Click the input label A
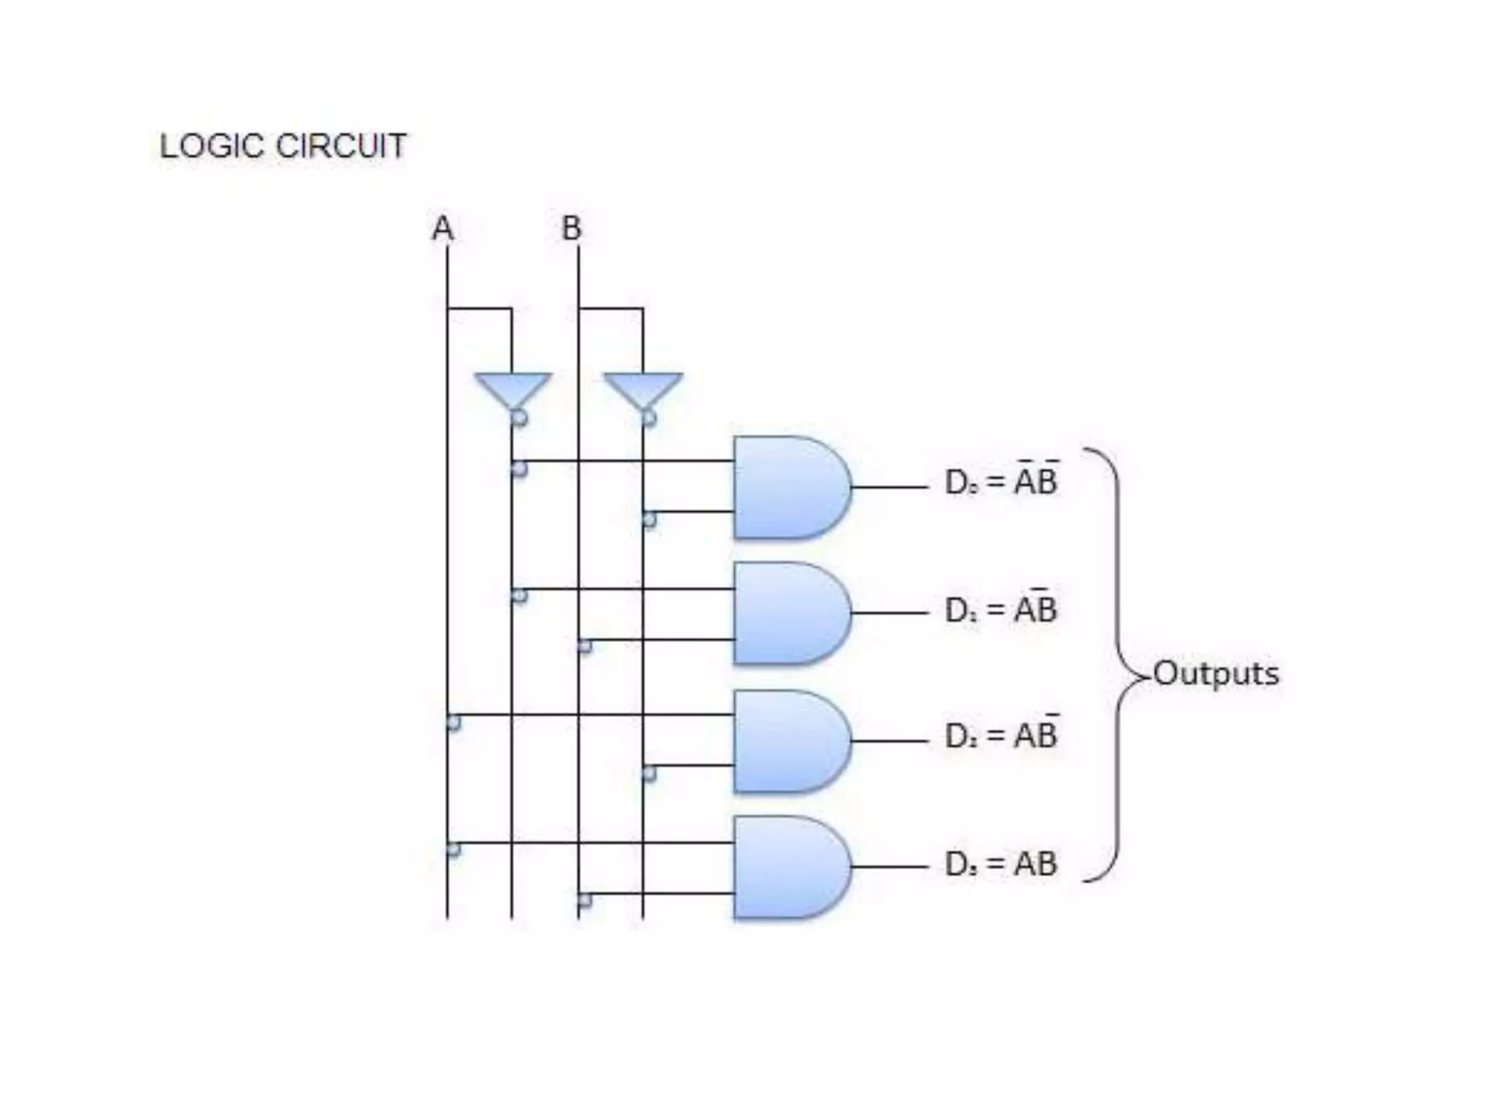click(443, 228)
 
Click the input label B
click(571, 228)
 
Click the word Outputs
click(1216, 673)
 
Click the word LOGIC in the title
click(213, 146)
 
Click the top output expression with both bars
click(1001, 481)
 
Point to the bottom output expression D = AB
click(1001, 864)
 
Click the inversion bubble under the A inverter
click(519, 418)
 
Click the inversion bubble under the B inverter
click(649, 418)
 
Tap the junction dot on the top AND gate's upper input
click(519, 468)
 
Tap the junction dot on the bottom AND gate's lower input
click(585, 900)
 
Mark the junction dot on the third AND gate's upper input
click(453, 723)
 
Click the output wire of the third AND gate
click(890, 741)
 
